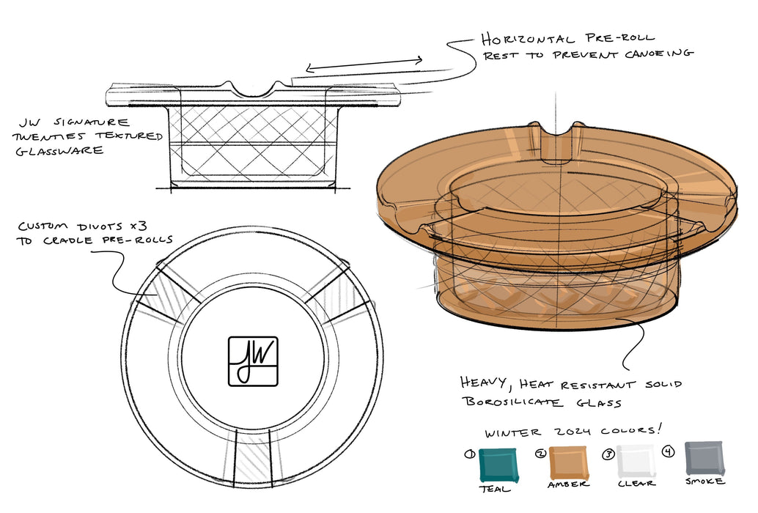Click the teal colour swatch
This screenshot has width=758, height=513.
498,465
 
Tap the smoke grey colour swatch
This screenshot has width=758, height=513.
704,459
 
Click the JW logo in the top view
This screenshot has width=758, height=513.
252,361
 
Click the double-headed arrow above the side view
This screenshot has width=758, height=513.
364,64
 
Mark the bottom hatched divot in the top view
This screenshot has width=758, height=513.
252,454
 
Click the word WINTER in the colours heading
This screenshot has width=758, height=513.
510,432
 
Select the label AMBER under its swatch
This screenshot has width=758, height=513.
569,485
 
